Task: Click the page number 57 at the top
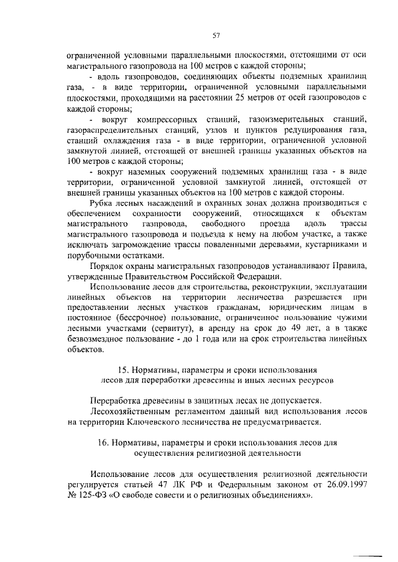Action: click(216, 35)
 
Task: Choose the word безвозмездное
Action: click(102, 338)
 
